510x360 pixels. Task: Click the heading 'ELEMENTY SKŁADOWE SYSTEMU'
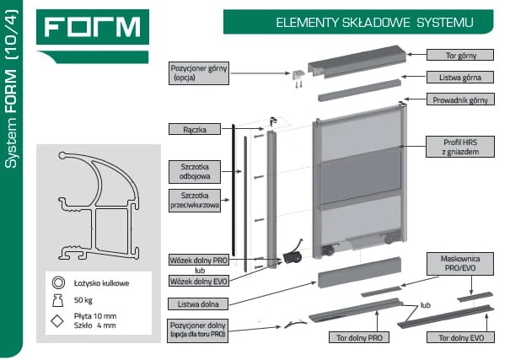[x=374, y=23]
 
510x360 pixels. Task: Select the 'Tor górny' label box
[x=460, y=55]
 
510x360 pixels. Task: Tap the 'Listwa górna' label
[x=460, y=78]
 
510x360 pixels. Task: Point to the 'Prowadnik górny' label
[x=460, y=99]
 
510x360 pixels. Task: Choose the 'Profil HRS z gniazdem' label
[x=460, y=147]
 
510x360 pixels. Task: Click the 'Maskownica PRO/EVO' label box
[x=460, y=263]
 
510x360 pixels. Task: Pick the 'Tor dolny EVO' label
[x=460, y=337]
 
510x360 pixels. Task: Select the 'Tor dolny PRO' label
[x=359, y=337]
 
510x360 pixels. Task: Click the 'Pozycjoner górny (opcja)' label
[x=199, y=73]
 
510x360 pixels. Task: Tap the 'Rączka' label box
[x=195, y=129]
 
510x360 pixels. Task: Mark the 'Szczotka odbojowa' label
[x=195, y=171]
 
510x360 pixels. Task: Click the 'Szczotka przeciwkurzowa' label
[x=195, y=201]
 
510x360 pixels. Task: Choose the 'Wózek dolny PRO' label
[x=198, y=261]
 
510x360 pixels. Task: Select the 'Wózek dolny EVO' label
[x=198, y=281]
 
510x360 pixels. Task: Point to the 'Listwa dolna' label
[x=198, y=304]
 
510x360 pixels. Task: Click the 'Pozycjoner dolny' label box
[x=198, y=330]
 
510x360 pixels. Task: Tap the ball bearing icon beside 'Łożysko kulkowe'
[x=58, y=282]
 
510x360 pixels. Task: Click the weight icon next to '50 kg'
[x=58, y=300]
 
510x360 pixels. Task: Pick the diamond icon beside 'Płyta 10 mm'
[x=57, y=321]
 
